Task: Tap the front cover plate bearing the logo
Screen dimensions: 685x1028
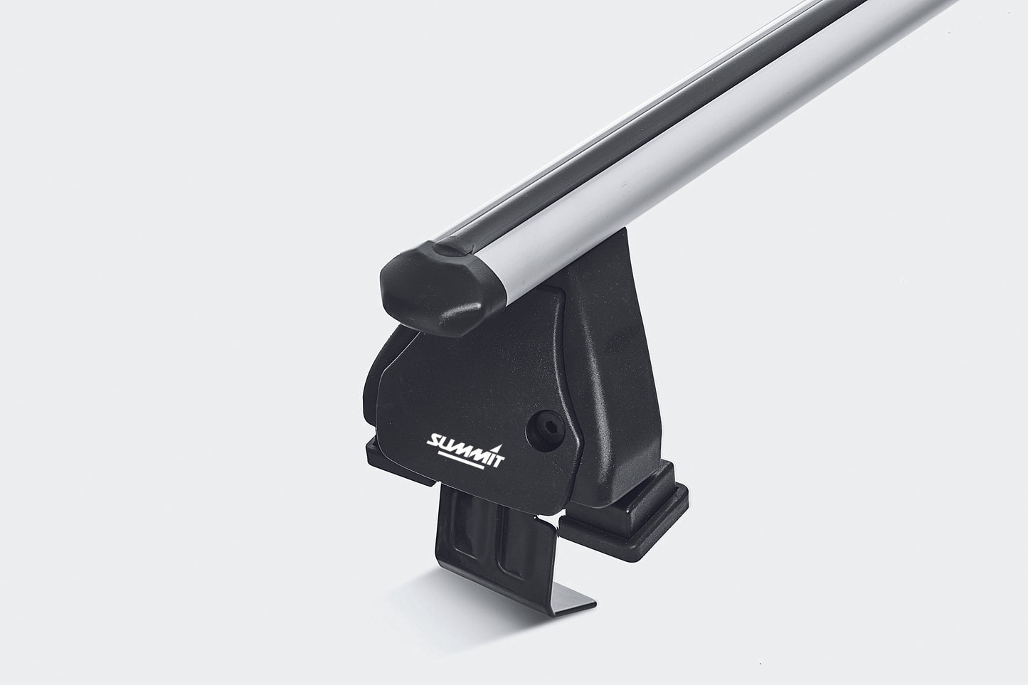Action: pyautogui.click(x=455, y=398)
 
